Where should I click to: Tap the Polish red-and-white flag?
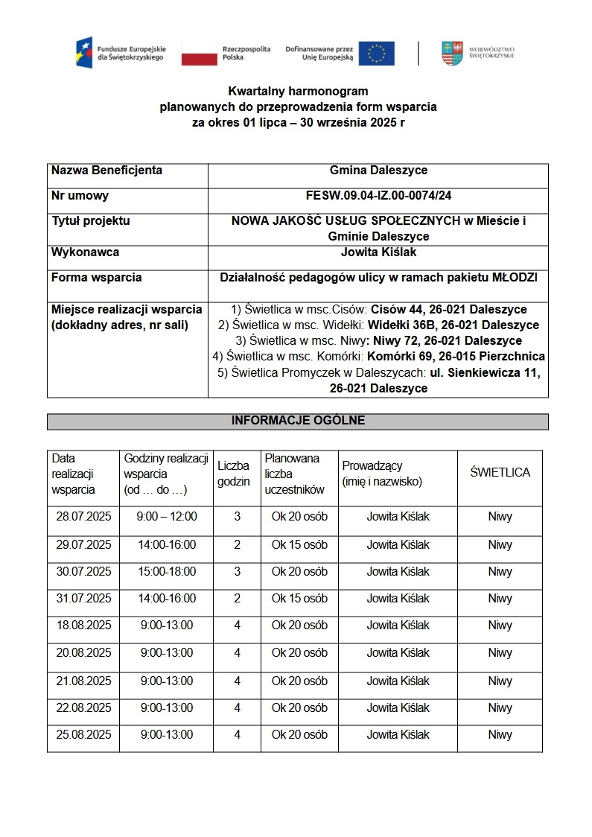click(198, 54)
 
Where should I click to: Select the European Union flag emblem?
click(376, 54)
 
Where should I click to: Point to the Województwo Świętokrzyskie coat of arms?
click(452, 53)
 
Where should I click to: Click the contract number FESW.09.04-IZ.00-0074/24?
click(378, 196)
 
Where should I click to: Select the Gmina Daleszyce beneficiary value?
click(378, 171)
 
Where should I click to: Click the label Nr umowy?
click(80, 196)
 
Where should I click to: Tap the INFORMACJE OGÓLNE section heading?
click(298, 421)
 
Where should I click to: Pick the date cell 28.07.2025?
click(83, 517)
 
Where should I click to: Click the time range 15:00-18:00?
click(167, 572)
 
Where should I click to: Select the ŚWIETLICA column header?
click(500, 473)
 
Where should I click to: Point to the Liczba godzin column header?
click(233, 474)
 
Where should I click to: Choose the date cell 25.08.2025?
click(83, 735)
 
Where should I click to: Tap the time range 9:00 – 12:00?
click(167, 517)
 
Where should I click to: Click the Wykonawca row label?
click(85, 252)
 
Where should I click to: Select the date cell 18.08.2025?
click(83, 626)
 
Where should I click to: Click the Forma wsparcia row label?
click(96, 278)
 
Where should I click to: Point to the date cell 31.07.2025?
click(83, 599)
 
